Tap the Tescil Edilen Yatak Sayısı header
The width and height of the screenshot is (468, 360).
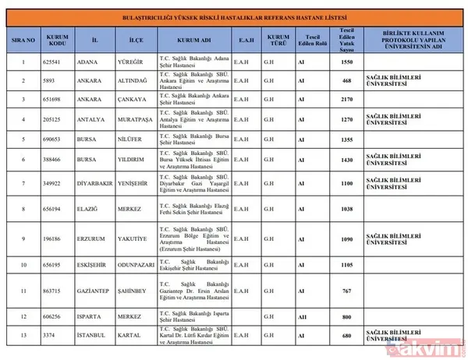[347, 40]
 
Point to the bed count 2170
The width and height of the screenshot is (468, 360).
[347, 100]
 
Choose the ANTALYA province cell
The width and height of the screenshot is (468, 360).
[92, 120]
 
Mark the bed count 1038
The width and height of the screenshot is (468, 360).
[347, 209]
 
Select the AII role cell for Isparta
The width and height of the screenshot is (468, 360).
[302, 316]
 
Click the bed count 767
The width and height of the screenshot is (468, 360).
[347, 290]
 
